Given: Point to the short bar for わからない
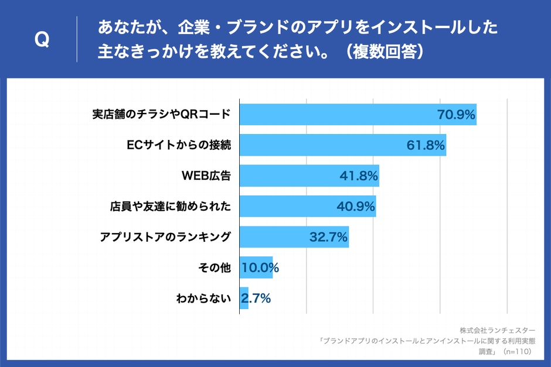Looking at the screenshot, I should click(x=244, y=299).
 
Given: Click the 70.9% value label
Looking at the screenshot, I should click(x=456, y=114).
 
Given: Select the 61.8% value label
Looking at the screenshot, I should click(x=426, y=145).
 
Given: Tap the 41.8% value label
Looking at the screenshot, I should click(x=359, y=176).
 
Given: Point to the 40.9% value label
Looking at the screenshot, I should click(x=356, y=206).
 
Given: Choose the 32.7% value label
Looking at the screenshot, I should click(x=328, y=237).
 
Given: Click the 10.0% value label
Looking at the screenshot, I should click(x=260, y=268).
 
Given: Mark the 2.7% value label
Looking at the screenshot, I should click(x=256, y=299).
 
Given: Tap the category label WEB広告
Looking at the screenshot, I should click(x=207, y=176).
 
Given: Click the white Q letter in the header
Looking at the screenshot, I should click(x=42, y=40).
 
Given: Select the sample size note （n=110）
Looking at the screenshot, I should click(x=515, y=352).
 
